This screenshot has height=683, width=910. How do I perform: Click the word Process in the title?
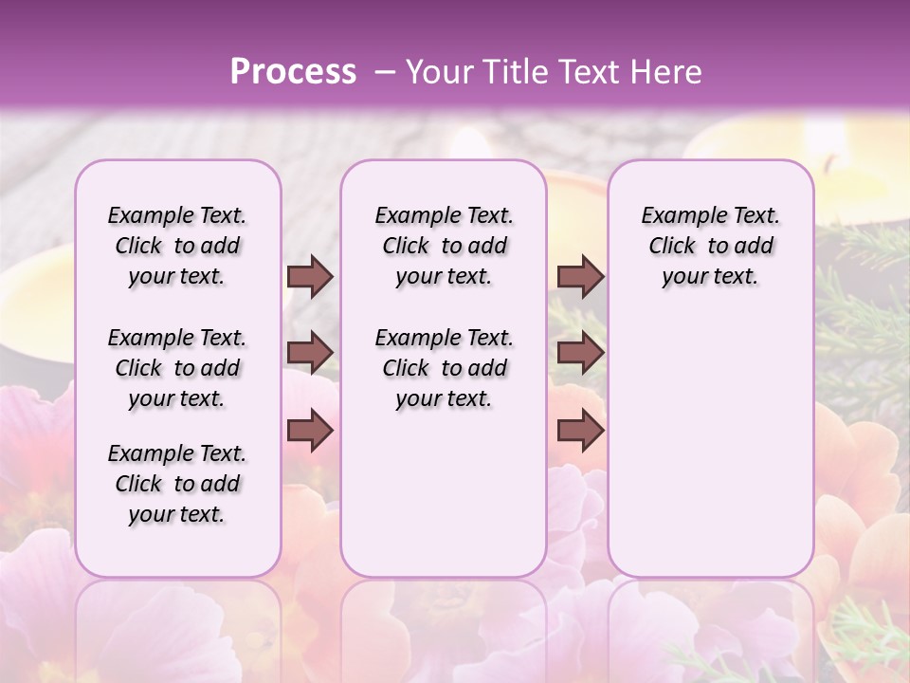point(293,71)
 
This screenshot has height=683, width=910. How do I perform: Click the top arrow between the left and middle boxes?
point(310,277)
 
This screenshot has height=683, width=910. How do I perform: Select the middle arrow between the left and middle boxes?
point(310,353)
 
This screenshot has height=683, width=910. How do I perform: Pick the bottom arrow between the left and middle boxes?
point(310,430)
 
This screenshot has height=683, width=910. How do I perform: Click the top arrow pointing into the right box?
point(580,277)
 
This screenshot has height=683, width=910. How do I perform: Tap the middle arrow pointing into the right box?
point(580,353)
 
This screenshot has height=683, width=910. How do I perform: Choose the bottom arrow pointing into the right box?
point(580,430)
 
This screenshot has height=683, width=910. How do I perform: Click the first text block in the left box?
point(177,246)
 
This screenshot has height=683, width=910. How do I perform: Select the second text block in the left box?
point(177,368)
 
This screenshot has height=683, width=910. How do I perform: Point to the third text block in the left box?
point(177,484)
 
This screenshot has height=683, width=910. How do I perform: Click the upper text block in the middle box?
point(444,246)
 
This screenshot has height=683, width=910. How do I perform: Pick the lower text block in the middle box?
point(444,368)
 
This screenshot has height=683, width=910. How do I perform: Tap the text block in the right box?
point(710,246)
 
